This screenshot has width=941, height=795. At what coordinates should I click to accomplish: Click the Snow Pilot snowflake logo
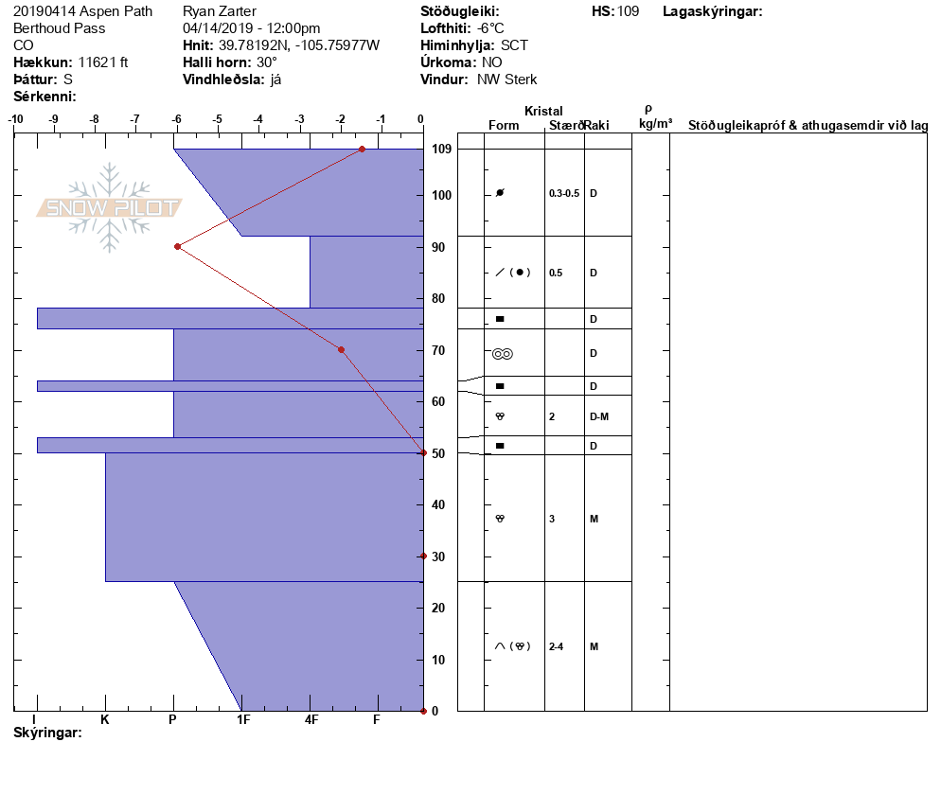pos(109,207)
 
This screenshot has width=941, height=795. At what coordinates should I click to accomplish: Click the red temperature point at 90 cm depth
pos(178,247)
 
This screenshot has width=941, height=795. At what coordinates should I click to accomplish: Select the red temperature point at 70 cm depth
pos(342,350)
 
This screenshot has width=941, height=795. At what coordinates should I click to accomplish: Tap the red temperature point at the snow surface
pos(362,149)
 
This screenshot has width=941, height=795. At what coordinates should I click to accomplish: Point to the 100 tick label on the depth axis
pos(442,195)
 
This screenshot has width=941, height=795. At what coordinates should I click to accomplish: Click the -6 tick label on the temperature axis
pos(176,119)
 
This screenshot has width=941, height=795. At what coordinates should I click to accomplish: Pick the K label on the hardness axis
pos(105,719)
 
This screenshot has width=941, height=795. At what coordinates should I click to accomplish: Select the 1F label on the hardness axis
pos(243,719)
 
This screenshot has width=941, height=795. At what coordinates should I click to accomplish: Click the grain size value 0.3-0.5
pos(564,193)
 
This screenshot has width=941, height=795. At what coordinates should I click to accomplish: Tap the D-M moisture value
pos(599,416)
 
